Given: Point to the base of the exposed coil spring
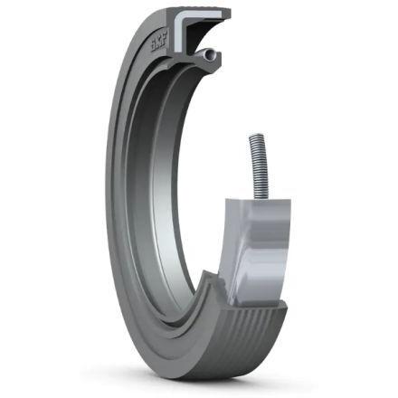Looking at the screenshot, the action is (261, 196).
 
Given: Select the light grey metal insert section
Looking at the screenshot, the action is (256, 251).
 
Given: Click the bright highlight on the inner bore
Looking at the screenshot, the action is (161, 211).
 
